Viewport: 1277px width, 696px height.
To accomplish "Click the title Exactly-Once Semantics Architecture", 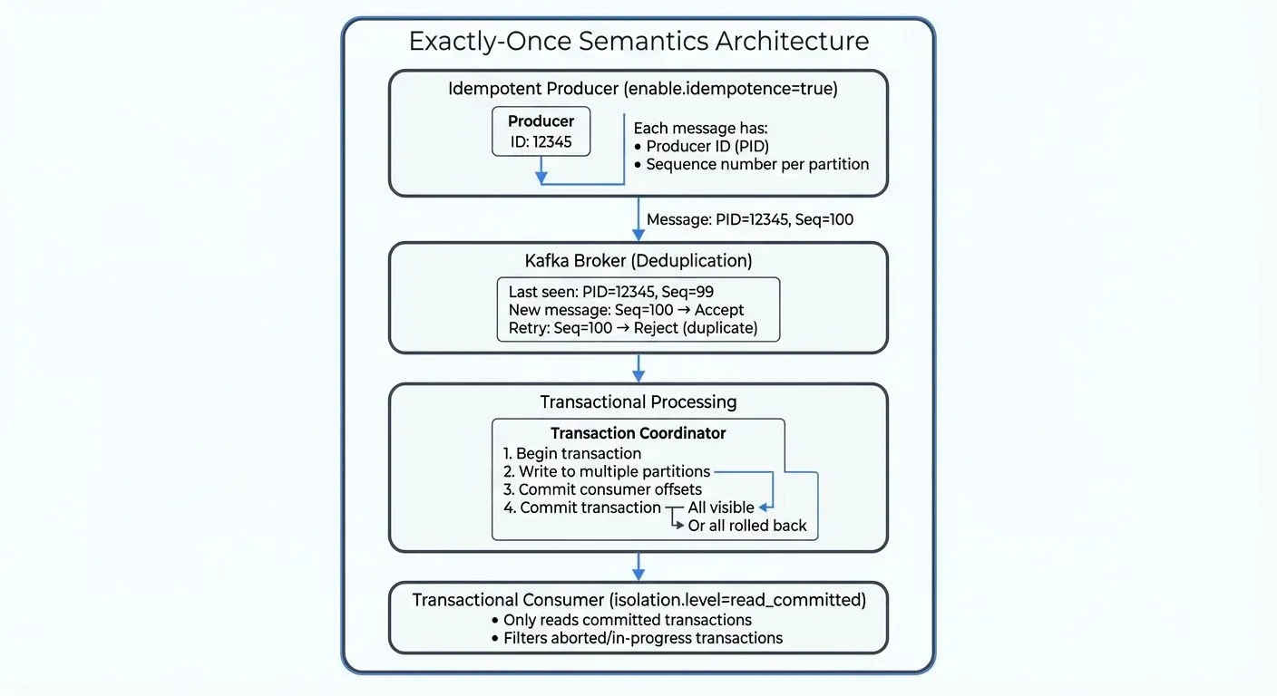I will click(x=638, y=42).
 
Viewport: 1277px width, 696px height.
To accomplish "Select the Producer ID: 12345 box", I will click(x=541, y=132).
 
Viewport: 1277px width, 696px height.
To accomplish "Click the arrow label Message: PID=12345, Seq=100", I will click(x=749, y=219).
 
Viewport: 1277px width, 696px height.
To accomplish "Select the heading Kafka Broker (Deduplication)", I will click(x=638, y=261).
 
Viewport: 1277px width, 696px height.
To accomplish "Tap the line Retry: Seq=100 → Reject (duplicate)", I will click(x=633, y=327).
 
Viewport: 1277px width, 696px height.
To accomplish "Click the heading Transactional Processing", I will click(x=638, y=401).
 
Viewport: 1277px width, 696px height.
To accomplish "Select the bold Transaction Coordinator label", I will click(x=638, y=433).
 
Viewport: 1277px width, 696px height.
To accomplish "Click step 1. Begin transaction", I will click(x=572, y=453).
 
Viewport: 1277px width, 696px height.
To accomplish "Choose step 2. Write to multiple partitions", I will click(x=608, y=471).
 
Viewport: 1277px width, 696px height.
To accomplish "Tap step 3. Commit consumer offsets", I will click(x=602, y=489).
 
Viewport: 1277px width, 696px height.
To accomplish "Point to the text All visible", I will click(x=721, y=507).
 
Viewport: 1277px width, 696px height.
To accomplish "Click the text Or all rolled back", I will click(x=747, y=526).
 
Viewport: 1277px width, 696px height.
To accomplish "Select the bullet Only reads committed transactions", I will click(x=627, y=620).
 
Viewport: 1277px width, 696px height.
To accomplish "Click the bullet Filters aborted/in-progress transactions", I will click(x=642, y=638).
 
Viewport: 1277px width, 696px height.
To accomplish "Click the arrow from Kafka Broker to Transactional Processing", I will click(x=638, y=367).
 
